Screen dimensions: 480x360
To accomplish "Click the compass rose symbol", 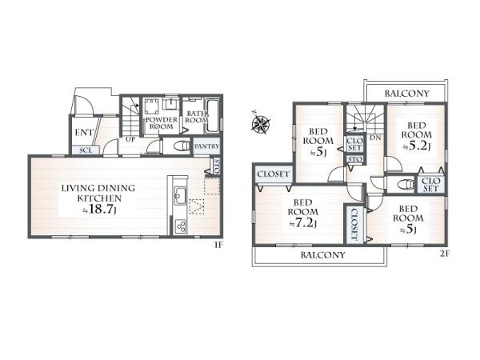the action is (x=261, y=123).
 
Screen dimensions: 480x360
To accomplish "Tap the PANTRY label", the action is (x=206, y=146).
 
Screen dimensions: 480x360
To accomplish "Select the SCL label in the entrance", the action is (x=86, y=150).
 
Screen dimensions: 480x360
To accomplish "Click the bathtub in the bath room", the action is (x=212, y=115).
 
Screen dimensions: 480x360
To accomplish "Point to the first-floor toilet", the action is (x=182, y=146).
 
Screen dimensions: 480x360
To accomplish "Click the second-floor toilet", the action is (x=404, y=185).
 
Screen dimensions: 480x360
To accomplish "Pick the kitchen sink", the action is (x=180, y=196).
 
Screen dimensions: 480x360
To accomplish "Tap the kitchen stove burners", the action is (x=180, y=226).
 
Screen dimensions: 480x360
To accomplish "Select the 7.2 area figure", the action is (x=305, y=223).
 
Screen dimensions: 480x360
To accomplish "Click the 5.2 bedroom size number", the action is (x=419, y=146).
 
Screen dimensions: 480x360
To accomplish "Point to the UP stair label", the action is (x=130, y=139).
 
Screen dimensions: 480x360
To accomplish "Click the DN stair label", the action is (x=375, y=138).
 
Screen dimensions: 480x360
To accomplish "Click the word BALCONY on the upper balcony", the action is (x=407, y=94).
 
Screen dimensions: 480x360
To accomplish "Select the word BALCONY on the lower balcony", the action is (x=323, y=254).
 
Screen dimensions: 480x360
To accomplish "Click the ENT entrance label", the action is (x=83, y=133).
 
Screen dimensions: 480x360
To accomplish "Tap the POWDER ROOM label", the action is (x=162, y=122).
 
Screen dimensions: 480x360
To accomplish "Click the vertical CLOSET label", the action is (x=354, y=224).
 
